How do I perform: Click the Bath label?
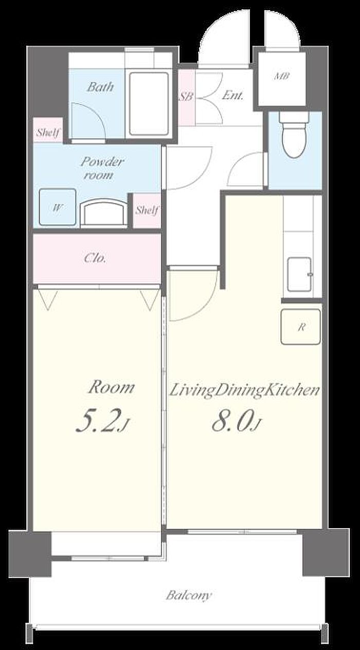[x=100, y=87]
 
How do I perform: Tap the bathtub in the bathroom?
[x=149, y=104]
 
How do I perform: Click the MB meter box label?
[x=282, y=76]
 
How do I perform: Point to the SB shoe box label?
[x=186, y=96]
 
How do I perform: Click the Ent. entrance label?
[x=232, y=95]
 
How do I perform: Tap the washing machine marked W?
[x=58, y=207]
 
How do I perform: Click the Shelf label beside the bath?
[x=48, y=133]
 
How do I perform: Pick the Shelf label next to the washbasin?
[x=147, y=210]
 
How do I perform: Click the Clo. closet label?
[x=95, y=258]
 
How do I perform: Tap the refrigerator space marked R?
[x=301, y=327]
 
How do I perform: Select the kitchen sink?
[x=300, y=274]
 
